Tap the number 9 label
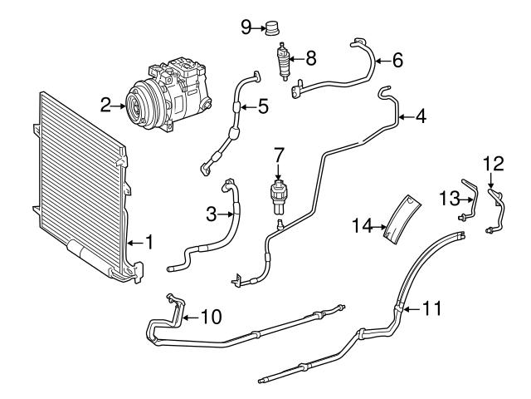tap(246, 27)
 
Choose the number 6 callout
tap(397, 60)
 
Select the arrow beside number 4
tap(403, 118)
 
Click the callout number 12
tap(493, 162)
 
